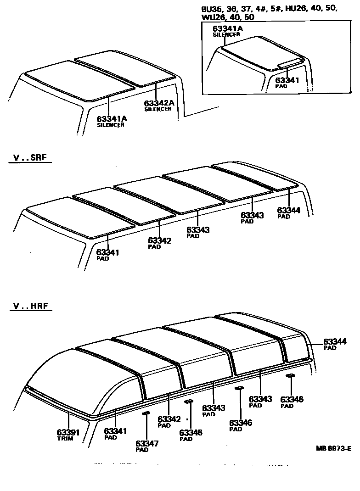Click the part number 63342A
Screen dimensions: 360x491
coord(159,103)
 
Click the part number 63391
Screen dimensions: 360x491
coord(68,432)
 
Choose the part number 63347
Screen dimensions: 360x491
coord(147,443)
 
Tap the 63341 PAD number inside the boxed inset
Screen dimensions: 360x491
coord(287,80)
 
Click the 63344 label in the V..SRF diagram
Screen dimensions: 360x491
coord(289,210)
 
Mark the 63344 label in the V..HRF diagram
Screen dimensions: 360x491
coord(335,341)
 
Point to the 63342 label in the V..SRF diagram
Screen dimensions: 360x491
coord(160,240)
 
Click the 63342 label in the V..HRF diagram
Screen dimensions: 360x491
coord(169,419)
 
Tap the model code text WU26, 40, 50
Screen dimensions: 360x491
coord(228,17)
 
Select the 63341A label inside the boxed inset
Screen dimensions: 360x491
coord(227,28)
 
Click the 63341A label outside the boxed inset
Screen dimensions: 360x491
coord(112,119)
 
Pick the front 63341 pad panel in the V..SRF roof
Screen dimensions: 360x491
coord(80,217)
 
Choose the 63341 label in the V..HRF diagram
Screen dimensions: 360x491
coord(116,431)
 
